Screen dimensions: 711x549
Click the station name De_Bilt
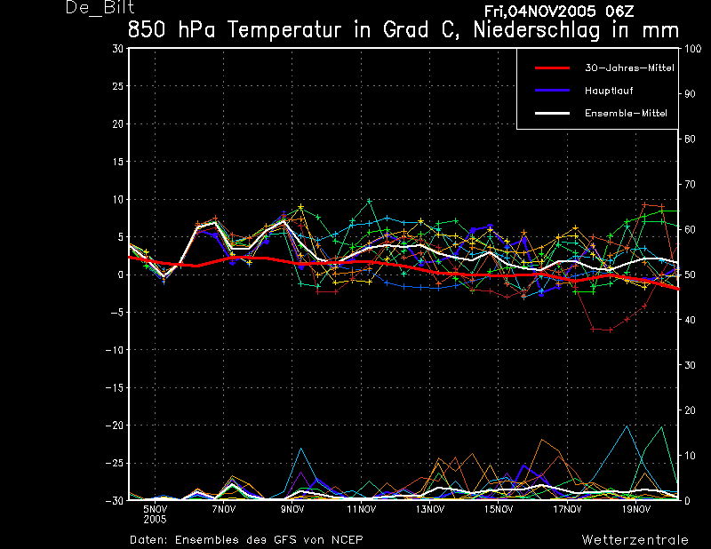[100, 7]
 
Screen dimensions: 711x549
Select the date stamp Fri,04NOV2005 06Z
[559, 12]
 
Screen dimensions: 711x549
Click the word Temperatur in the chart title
[284, 30]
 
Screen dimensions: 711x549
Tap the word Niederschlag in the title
[537, 30]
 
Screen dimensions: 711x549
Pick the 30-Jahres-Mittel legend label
[629, 68]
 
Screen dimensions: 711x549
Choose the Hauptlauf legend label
[609, 91]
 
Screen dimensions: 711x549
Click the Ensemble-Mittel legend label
[626, 114]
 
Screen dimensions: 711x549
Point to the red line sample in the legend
[552, 68]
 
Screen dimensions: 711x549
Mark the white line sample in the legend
[552, 114]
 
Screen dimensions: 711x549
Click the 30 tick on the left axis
[117, 48]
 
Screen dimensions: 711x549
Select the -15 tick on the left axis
[115, 387]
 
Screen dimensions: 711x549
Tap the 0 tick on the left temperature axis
[120, 274]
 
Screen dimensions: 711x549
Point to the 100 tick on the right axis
[692, 49]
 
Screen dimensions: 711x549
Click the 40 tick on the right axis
[690, 320]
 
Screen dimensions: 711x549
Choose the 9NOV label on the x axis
[292, 509]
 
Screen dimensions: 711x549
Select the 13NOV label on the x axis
[429, 509]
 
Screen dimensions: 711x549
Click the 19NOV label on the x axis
[635, 509]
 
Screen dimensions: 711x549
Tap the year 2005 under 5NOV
[155, 520]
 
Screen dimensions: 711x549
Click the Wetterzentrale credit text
[635, 540]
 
